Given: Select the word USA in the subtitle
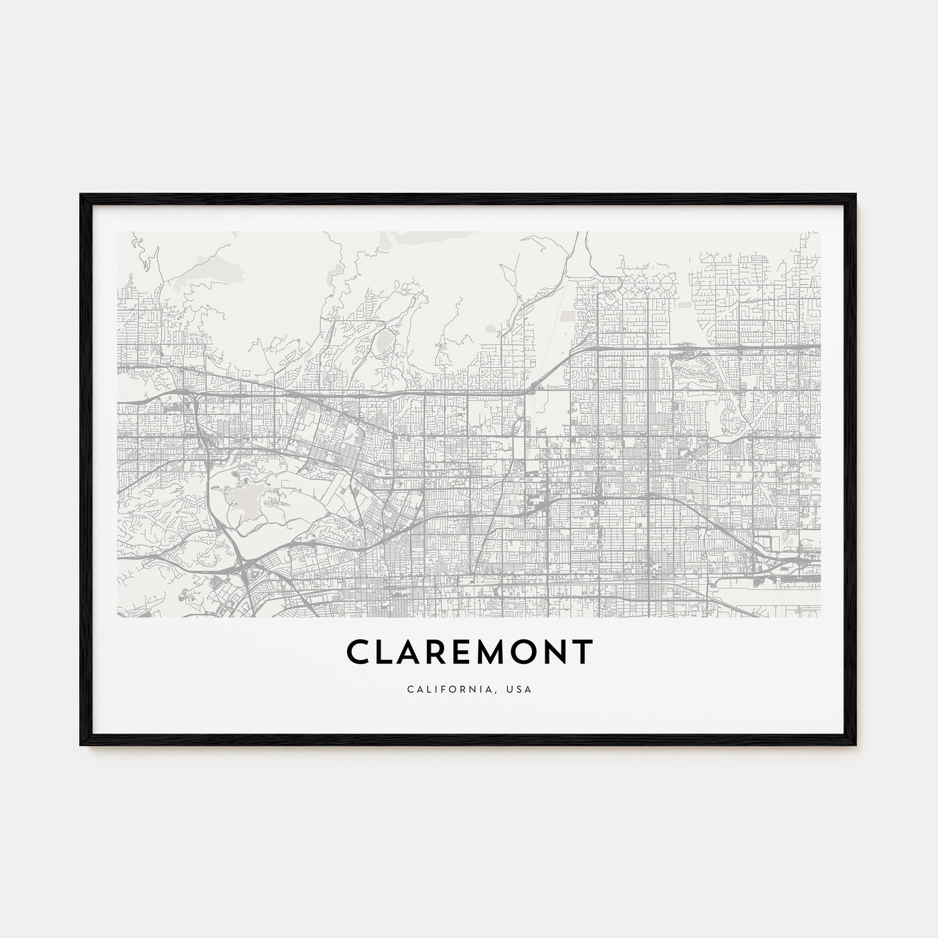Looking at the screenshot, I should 520,689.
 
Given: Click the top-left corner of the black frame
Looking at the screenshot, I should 82,195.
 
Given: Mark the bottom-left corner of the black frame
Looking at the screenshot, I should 82,746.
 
